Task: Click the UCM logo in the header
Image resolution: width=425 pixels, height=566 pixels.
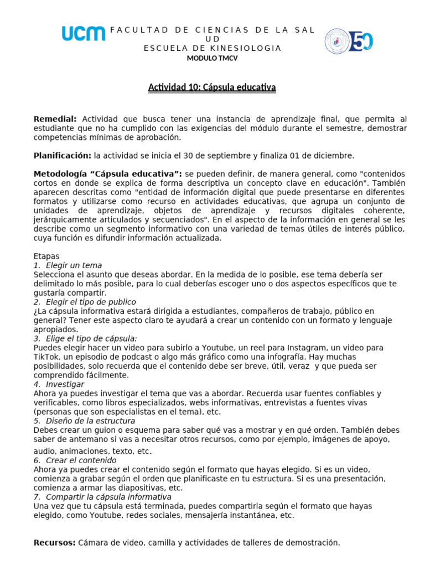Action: pos(84,34)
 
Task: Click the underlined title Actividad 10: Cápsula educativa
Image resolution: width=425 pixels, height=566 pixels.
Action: pos(212,87)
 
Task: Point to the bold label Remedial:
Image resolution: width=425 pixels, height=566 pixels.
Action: pos(55,119)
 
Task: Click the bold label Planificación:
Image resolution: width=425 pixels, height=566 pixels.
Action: pos(62,155)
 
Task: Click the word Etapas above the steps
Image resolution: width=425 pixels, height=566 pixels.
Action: pos(46,256)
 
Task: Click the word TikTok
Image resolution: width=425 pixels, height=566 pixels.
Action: pos(46,357)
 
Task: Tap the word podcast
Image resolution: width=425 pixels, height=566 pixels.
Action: pos(141,357)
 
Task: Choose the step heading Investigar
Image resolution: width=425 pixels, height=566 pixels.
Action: pos(65,384)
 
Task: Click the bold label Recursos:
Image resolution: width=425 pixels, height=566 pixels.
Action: pos(54,543)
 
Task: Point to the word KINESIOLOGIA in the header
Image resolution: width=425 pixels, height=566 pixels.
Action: pos(247,48)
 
